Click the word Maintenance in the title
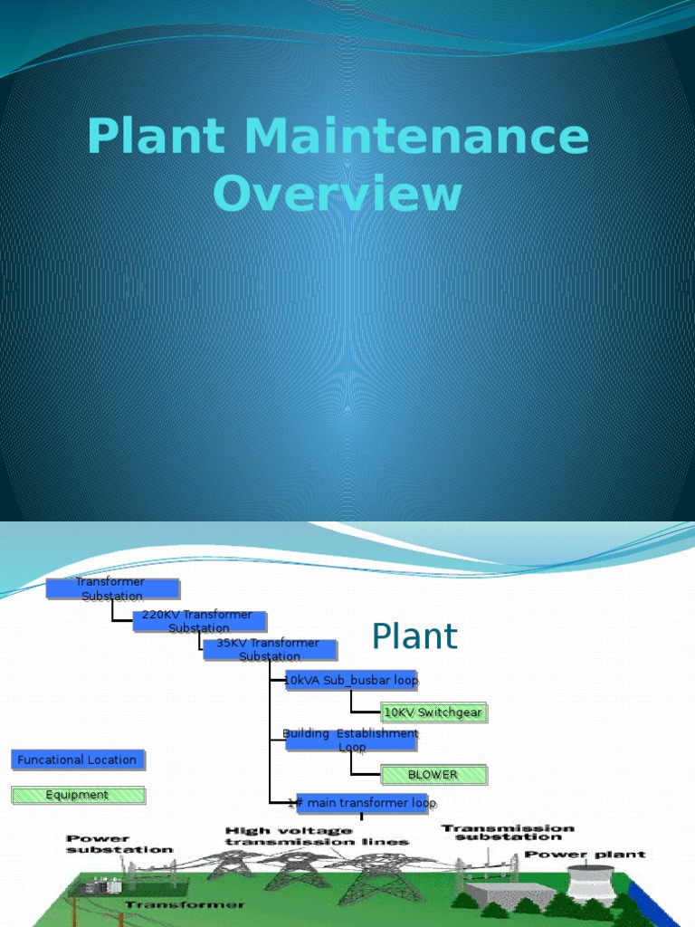pyautogui.click(x=416, y=138)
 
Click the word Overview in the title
pyautogui.click(x=338, y=195)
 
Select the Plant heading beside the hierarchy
pyautogui.click(x=414, y=637)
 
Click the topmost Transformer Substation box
pyautogui.click(x=112, y=589)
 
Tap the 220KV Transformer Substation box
pyautogui.click(x=199, y=621)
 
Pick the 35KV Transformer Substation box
pyautogui.click(x=270, y=650)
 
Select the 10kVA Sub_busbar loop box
pyautogui.click(x=352, y=680)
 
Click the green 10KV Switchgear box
pyautogui.click(x=433, y=712)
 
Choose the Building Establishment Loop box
pyautogui.click(x=352, y=741)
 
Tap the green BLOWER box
pyautogui.click(x=433, y=775)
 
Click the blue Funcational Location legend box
pyautogui.click(x=78, y=760)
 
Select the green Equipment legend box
pyautogui.click(x=78, y=795)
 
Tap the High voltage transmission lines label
pyautogui.click(x=317, y=836)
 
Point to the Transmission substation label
pyautogui.click(x=508, y=832)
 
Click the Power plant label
pyautogui.click(x=586, y=854)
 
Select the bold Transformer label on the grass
pyautogui.click(x=185, y=904)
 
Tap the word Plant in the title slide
pyautogui.click(x=156, y=138)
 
